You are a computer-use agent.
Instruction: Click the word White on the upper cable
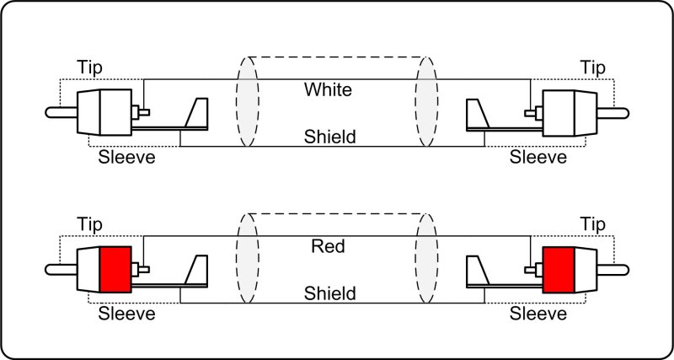tap(329, 89)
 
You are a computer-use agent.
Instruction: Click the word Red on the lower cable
tap(329, 247)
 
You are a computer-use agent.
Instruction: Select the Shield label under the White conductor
tap(329, 136)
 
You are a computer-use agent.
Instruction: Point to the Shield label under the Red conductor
tap(329, 293)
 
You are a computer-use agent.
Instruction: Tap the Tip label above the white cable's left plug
tap(90, 67)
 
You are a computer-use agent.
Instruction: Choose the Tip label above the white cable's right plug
tap(594, 67)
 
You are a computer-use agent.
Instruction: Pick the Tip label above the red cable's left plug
tap(90, 223)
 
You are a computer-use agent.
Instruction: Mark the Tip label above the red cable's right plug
tap(594, 223)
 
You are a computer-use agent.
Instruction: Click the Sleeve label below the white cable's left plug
tap(127, 158)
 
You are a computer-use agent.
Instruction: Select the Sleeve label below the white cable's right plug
tap(538, 158)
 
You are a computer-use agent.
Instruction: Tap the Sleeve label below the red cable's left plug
tap(127, 315)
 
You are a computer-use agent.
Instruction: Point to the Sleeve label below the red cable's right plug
tap(538, 315)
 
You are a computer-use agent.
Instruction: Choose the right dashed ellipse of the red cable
tap(427, 259)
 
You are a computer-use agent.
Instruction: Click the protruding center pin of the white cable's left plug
tap(62, 112)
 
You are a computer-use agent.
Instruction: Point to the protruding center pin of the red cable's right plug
tap(616, 270)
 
